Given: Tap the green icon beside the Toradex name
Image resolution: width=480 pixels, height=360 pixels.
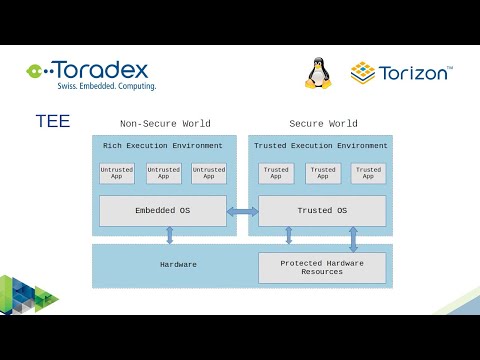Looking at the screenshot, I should coord(37,70).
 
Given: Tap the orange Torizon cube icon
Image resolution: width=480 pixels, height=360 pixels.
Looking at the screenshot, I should coord(362,73).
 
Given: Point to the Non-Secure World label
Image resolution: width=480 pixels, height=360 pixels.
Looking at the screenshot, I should coord(165,124).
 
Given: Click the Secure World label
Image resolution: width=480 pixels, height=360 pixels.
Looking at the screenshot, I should coord(323,124).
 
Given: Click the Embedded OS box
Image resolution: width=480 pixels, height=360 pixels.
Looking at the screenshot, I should coord(162,211).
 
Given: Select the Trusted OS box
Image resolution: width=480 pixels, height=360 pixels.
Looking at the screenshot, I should coord(322,211).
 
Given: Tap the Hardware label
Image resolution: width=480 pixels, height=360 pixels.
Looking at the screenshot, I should coord(178,265).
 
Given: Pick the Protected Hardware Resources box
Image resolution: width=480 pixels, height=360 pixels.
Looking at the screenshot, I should coord(322,268).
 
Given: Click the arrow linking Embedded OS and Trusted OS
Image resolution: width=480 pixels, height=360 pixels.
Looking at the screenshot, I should coord(242,211).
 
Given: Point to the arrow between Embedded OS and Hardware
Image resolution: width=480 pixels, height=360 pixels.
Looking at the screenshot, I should coord(169,235).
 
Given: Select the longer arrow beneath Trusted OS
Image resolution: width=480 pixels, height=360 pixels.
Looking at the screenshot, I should coord(353,239).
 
